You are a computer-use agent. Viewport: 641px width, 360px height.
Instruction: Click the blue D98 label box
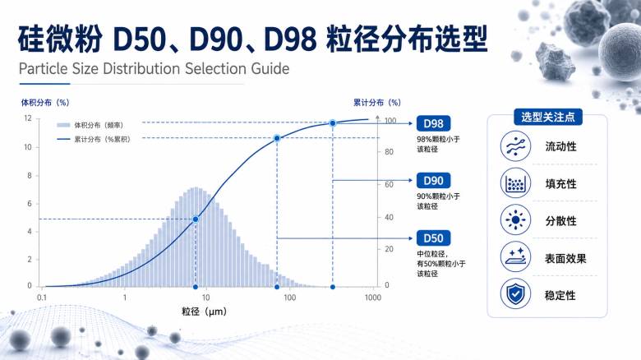(x=433, y=123)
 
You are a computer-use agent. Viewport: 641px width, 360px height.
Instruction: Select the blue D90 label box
(x=433, y=180)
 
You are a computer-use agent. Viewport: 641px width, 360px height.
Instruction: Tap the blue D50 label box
(x=433, y=238)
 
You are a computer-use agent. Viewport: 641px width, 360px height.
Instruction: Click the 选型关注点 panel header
(x=548, y=118)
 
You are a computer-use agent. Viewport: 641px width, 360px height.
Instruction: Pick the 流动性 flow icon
(x=515, y=146)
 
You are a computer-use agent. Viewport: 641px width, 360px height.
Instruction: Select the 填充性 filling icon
(x=515, y=183)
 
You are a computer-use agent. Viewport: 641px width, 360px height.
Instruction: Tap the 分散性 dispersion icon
(x=515, y=220)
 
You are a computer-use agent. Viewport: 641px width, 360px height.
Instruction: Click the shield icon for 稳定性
(x=515, y=293)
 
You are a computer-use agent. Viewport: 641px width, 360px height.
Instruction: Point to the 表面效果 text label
(x=565, y=258)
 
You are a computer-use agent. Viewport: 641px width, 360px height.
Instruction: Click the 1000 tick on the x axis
(x=373, y=298)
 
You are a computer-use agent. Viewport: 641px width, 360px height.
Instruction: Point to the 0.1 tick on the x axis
(x=42, y=298)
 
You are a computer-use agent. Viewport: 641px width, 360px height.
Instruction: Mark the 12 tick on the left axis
(x=28, y=118)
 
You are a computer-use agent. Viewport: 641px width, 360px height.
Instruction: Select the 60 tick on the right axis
(x=389, y=184)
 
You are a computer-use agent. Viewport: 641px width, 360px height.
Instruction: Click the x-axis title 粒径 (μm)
(x=204, y=312)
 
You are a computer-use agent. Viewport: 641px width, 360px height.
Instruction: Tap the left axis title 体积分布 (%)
(x=45, y=102)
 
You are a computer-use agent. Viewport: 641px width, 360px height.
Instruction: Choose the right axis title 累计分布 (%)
(x=377, y=102)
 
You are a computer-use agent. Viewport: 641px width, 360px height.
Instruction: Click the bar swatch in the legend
(x=63, y=125)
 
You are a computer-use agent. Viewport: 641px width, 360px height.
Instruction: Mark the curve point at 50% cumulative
(x=196, y=219)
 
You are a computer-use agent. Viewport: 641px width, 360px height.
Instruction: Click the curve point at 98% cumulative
(x=333, y=123)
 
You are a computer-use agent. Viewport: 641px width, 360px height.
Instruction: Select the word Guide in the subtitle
(x=270, y=68)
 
